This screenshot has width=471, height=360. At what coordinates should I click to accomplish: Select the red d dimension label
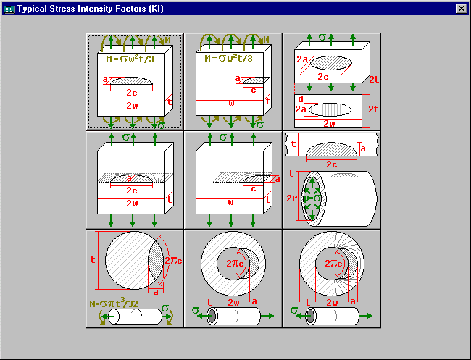pos(300,99)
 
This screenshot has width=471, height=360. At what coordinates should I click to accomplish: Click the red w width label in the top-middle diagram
pos(231,104)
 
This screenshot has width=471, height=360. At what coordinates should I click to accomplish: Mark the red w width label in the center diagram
pos(231,203)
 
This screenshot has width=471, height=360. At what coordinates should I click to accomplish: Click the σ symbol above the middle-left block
pos(125,135)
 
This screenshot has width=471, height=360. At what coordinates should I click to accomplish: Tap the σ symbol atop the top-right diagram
pos(322,35)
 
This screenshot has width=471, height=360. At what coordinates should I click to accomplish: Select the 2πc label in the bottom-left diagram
pos(172,260)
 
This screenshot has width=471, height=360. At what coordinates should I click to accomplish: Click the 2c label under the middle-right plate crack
pos(331,164)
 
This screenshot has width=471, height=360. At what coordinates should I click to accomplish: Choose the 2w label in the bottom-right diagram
pos(332,302)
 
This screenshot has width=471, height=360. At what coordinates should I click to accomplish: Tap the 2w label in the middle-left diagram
pos(132,203)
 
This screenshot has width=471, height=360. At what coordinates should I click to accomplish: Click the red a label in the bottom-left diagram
pos(155,291)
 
